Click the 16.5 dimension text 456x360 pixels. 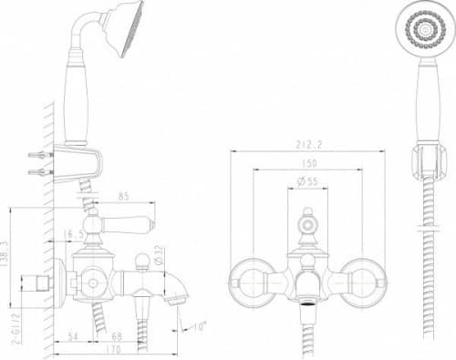coord(76,234)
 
